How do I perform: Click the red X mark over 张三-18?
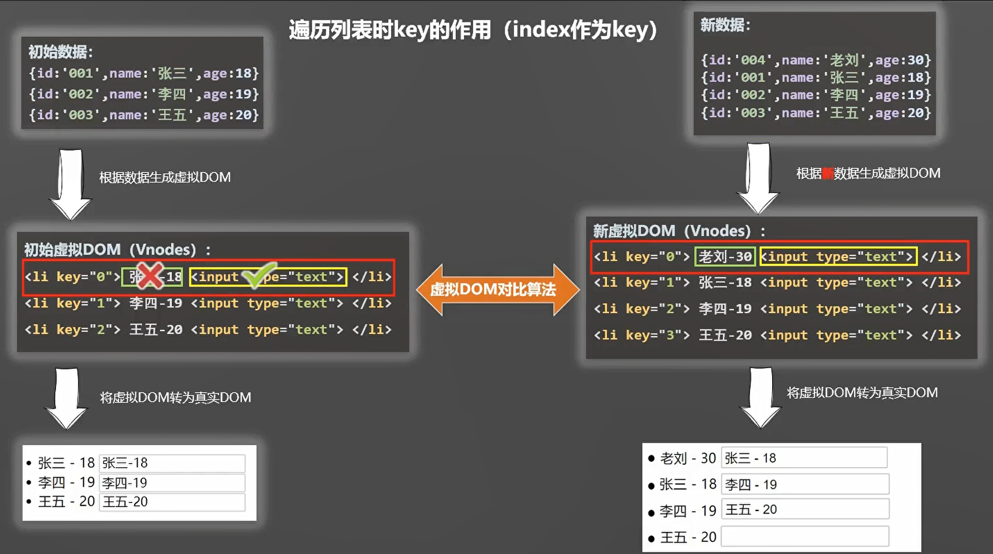click(x=150, y=276)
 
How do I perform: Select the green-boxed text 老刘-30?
click(x=725, y=256)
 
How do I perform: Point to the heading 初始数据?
click(x=61, y=52)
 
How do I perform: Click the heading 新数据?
click(x=725, y=25)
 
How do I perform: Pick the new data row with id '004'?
click(x=815, y=60)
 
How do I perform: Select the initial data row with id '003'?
click(x=144, y=115)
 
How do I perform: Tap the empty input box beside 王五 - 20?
click(x=804, y=537)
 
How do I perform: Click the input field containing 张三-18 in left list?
click(x=172, y=463)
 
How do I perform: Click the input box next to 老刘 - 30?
click(x=804, y=458)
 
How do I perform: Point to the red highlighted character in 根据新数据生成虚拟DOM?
click(x=828, y=174)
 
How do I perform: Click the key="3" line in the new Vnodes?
click(x=777, y=335)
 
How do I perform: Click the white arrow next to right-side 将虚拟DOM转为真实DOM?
click(x=761, y=397)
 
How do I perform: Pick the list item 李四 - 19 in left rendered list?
click(x=67, y=482)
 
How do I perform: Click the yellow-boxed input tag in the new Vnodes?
click(x=838, y=256)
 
